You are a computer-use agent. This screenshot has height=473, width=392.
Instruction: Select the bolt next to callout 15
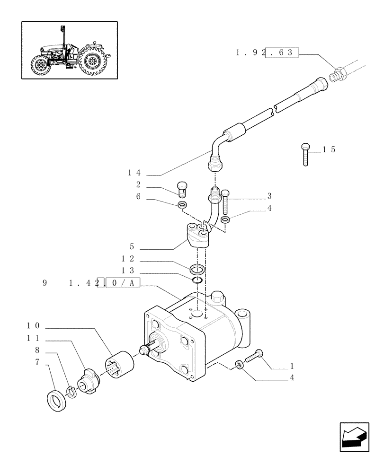pyautogui.click(x=306, y=154)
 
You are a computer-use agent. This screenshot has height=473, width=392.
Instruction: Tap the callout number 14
pyautogui.click(x=134, y=173)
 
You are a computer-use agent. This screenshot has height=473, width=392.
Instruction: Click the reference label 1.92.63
pyautogui.click(x=267, y=53)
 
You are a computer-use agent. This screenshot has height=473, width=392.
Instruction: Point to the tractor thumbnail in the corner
pyautogui.click(x=69, y=50)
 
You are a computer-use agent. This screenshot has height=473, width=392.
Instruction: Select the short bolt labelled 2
pyautogui.click(x=183, y=190)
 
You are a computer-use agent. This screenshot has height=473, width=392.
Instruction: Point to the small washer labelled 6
pyautogui.click(x=181, y=205)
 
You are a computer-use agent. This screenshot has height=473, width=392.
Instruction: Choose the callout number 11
pyautogui.click(x=33, y=339)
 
